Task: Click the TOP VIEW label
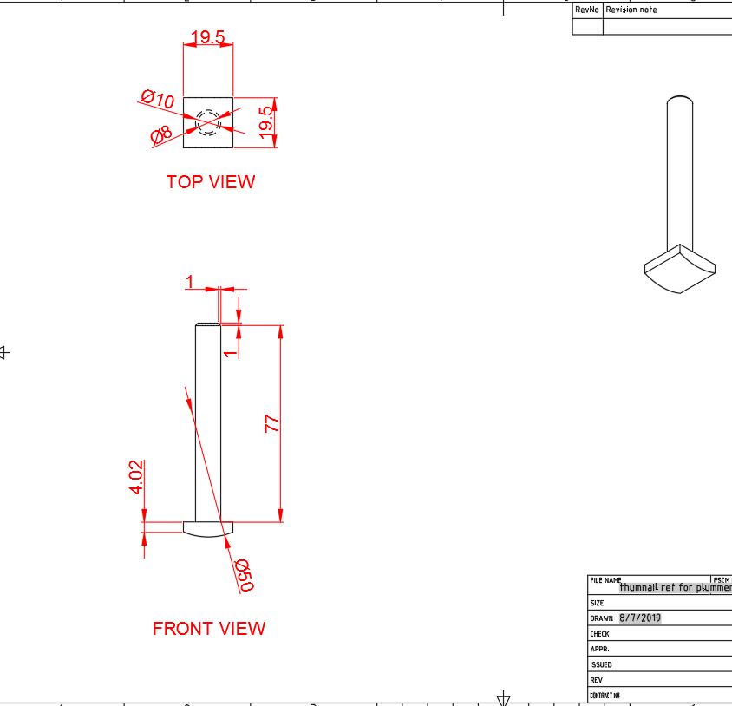pyautogui.click(x=211, y=182)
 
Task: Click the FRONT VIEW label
pyautogui.click(x=209, y=629)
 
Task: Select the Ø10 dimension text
pyautogui.click(x=158, y=99)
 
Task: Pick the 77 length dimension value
pyautogui.click(x=272, y=423)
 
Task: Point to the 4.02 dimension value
pyautogui.click(x=135, y=478)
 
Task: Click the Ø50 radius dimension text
pyautogui.click(x=244, y=575)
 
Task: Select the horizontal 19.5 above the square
pyautogui.click(x=207, y=37)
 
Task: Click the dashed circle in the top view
pyautogui.click(x=208, y=122)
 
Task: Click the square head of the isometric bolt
pyautogui.click(x=680, y=269)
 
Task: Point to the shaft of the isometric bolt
pyautogui.click(x=679, y=173)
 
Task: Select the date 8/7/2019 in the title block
pyautogui.click(x=640, y=618)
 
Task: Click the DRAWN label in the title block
pyautogui.click(x=601, y=619)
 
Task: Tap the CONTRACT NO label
pyautogui.click(x=605, y=696)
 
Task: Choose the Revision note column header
pyautogui.click(x=631, y=10)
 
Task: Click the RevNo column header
pyautogui.click(x=586, y=10)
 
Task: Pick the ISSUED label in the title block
pyautogui.click(x=600, y=665)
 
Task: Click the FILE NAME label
pyautogui.click(x=605, y=580)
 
